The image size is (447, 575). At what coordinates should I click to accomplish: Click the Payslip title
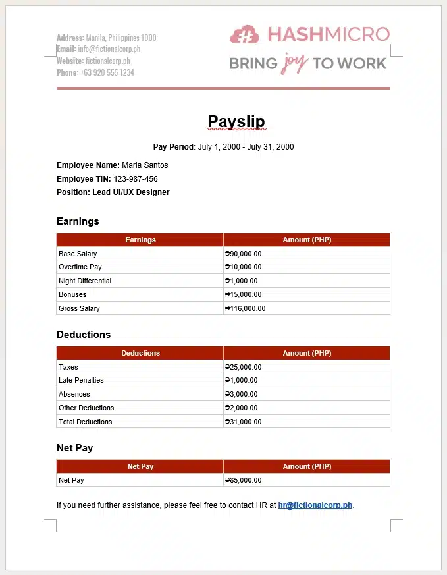coord(236,122)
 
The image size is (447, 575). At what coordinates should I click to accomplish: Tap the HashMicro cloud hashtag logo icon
coord(244,34)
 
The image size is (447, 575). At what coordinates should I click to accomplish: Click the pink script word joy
coord(295,63)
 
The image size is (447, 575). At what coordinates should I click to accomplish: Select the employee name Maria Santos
coord(145,165)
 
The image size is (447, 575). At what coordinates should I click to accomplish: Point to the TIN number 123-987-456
coord(136,179)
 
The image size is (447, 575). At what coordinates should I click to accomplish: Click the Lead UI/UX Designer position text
coord(130,192)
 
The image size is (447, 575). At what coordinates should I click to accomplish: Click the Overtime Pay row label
coord(80,267)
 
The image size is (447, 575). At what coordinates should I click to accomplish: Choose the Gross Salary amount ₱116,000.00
coord(245,308)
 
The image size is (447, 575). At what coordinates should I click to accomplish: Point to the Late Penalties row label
coord(81,381)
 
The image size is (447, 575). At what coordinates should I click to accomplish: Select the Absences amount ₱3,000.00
coord(241,395)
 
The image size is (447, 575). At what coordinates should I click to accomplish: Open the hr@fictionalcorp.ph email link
coord(315,506)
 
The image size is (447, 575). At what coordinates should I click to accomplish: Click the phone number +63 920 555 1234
coord(107,72)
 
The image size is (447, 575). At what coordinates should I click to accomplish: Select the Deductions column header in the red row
coord(140,353)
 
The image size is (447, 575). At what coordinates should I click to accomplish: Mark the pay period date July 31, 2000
coord(271,147)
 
